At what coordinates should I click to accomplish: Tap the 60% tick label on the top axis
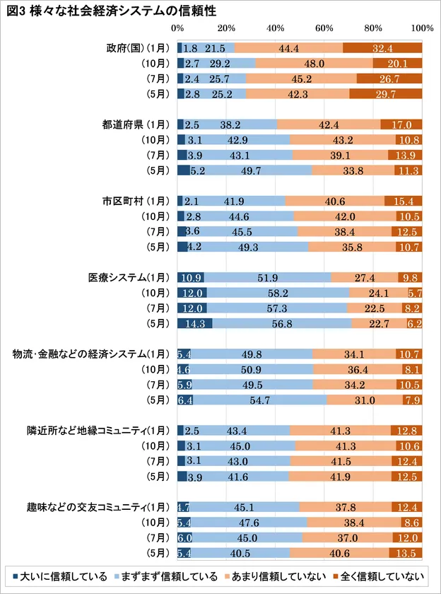[324, 28]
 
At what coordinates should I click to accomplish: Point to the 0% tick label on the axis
[178, 28]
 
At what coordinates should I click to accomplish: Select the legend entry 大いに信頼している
[61, 574]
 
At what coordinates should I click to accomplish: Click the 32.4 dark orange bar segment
[382, 48]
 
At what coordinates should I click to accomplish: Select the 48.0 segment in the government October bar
[313, 64]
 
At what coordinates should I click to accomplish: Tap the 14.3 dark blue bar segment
[194, 323]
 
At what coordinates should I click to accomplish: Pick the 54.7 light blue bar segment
[260, 400]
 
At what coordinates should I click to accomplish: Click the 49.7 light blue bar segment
[251, 170]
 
